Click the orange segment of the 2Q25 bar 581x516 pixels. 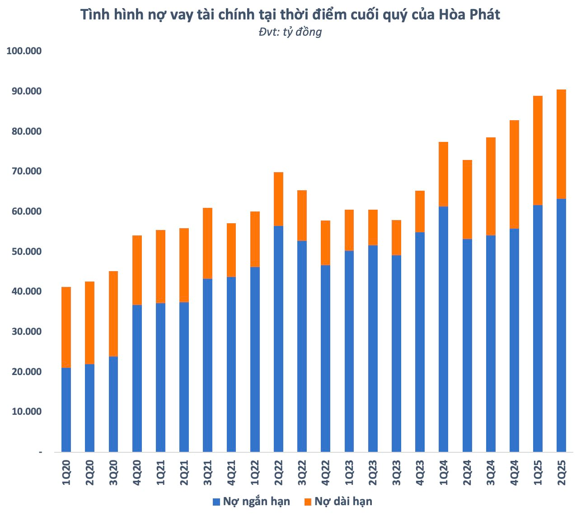click(561, 144)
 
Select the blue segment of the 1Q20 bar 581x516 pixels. click(66, 410)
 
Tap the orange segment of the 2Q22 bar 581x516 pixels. click(278, 199)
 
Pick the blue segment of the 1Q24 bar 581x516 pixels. click(443, 329)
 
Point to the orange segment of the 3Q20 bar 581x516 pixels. click(113, 314)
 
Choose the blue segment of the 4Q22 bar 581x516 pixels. click(325, 358)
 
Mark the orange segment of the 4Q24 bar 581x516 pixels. click(514, 174)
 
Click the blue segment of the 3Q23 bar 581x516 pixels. click(396, 353)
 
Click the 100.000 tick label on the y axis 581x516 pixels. click(24, 51)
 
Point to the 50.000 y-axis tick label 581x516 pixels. click(26, 252)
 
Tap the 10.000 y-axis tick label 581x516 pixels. click(26, 412)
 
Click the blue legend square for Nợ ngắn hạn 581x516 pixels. click(216, 502)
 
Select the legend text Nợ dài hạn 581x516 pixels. click(343, 501)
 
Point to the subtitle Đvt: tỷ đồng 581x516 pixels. click(290, 32)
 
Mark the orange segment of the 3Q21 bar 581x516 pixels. click(207, 243)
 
